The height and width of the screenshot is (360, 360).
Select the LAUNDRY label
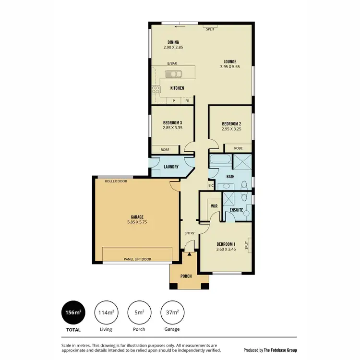click(x=170, y=167)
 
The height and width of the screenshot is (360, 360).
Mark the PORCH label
click(x=186, y=276)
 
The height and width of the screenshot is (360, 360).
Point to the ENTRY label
click(x=190, y=234)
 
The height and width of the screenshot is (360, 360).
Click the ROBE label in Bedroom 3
click(x=165, y=149)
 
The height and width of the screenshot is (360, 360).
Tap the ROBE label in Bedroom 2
click(x=238, y=149)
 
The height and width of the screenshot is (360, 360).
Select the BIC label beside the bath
click(x=211, y=185)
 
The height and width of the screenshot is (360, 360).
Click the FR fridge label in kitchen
click(x=187, y=101)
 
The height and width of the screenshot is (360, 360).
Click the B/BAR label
click(x=171, y=63)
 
